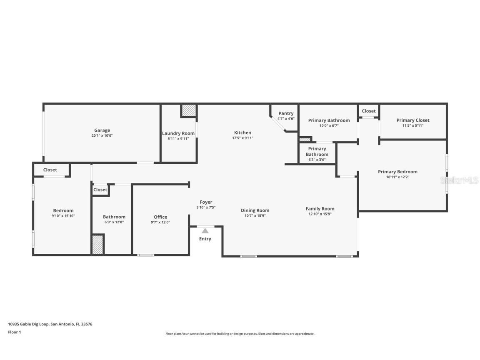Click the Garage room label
pos(102,130)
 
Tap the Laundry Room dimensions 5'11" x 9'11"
pos(178,139)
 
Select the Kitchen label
pos(242,132)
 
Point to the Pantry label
pos(286,113)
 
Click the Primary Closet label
pos(412,120)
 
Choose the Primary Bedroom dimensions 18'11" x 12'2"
pos(397,177)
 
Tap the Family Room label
pos(320,209)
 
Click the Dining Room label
pos(255,210)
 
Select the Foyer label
pos(206,202)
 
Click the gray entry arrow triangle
pos(205,230)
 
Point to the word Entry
pos(205,239)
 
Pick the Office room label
pos(160,217)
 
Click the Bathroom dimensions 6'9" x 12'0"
pos(114,222)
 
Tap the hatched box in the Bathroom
pos(97,245)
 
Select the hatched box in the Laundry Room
pos(189,110)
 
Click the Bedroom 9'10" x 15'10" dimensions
pos(63,216)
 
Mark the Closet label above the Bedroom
pos(50,170)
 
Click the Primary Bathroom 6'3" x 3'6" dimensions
pos(317,160)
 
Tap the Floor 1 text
pos(14,332)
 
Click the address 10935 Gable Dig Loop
pos(28,324)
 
